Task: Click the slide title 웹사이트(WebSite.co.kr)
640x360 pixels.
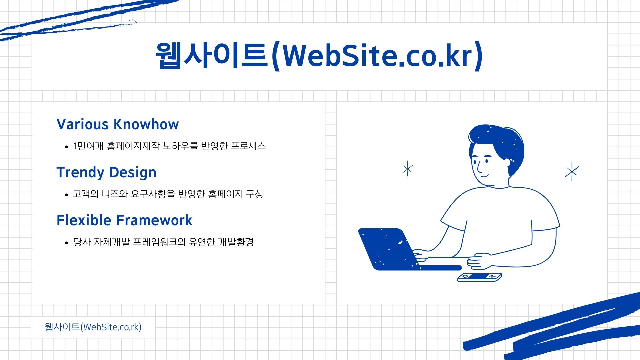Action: pyautogui.click(x=319, y=56)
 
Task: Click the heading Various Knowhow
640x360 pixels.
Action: pyautogui.click(x=118, y=124)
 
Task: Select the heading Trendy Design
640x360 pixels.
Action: pyautogui.click(x=106, y=173)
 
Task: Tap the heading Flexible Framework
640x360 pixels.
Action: pyautogui.click(x=124, y=220)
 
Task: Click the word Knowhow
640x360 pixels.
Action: pyautogui.click(x=146, y=124)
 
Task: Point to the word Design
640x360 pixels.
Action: pyautogui.click(x=133, y=173)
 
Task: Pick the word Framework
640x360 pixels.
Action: pyautogui.click(x=154, y=220)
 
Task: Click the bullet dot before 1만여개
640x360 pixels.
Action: pyautogui.click(x=67, y=147)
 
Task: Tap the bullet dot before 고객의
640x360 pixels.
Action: pyautogui.click(x=67, y=195)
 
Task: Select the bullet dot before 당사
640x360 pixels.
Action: pyautogui.click(x=67, y=243)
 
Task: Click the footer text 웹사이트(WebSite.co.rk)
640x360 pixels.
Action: pyautogui.click(x=93, y=327)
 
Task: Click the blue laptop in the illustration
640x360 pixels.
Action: pyautogui.click(x=393, y=249)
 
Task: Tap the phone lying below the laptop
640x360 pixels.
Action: pyautogui.click(x=479, y=277)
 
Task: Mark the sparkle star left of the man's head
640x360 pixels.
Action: pyautogui.click(x=407, y=169)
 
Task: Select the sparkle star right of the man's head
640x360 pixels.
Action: pyautogui.click(x=572, y=171)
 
